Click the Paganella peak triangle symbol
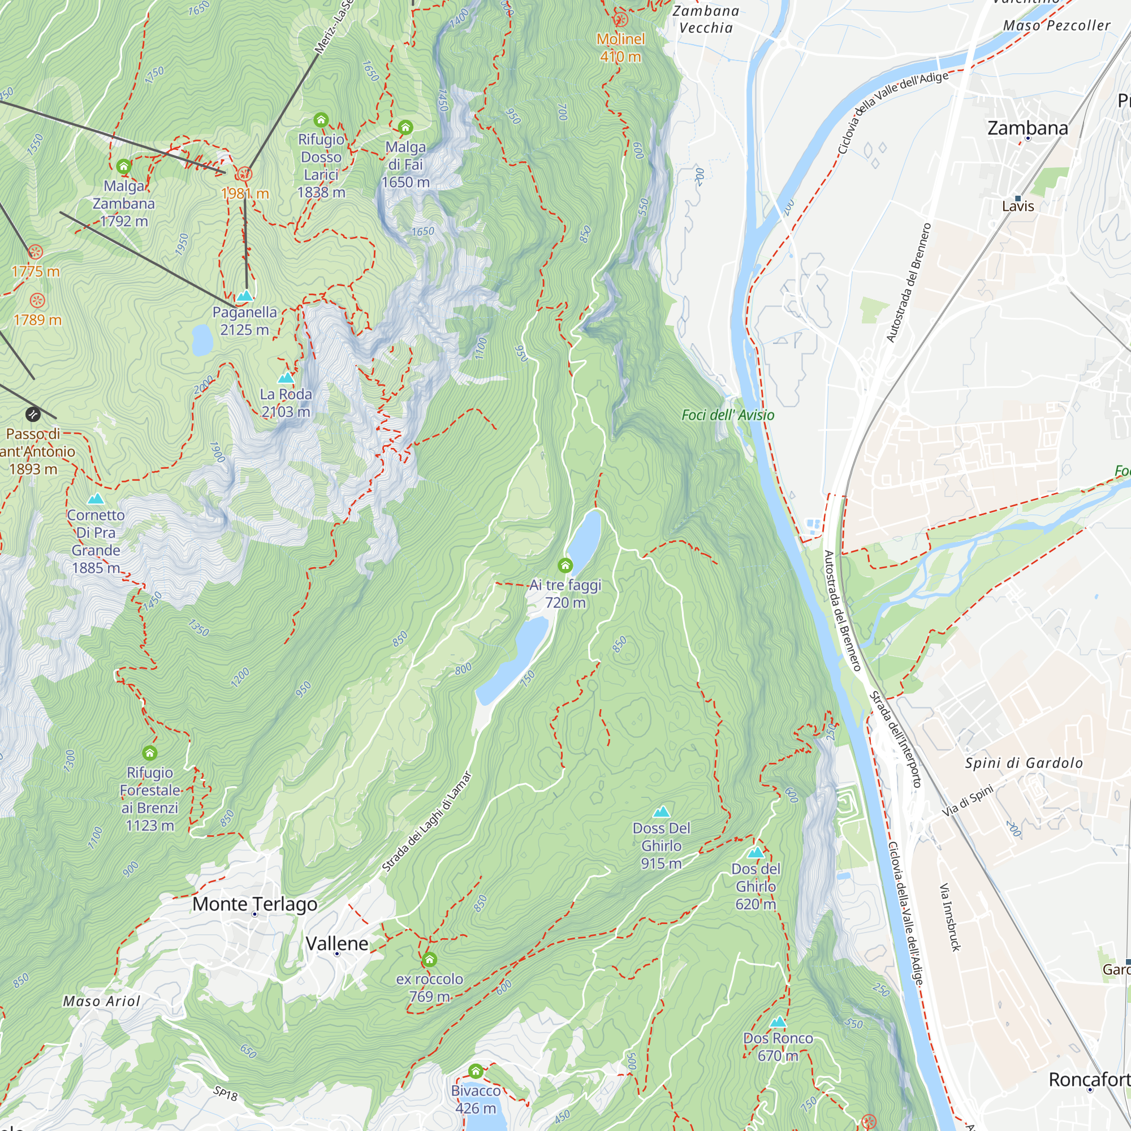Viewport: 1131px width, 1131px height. (x=245, y=296)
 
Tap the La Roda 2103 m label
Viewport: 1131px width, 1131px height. (x=286, y=403)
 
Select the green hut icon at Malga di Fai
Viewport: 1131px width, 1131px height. (x=405, y=127)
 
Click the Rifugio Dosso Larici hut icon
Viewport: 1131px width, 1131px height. (x=321, y=120)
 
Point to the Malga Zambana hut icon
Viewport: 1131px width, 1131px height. (x=123, y=166)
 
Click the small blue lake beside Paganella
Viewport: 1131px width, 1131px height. (x=202, y=340)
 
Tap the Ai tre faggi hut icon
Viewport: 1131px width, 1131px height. (x=565, y=565)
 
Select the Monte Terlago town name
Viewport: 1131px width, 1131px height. (x=254, y=904)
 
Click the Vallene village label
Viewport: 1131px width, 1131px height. (x=337, y=944)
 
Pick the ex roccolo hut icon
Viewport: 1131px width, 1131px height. (x=430, y=960)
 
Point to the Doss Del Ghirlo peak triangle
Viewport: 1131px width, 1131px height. (x=661, y=812)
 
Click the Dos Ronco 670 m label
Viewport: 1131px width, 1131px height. (x=778, y=1047)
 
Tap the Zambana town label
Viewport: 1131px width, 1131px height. (x=1028, y=128)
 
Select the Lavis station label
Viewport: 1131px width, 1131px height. (x=1017, y=206)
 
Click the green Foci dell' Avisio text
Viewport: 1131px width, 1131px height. (x=728, y=415)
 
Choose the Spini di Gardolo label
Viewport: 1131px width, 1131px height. (x=1024, y=763)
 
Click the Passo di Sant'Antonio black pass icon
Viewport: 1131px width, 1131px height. (x=33, y=415)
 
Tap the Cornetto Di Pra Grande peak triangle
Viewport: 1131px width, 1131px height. (x=96, y=499)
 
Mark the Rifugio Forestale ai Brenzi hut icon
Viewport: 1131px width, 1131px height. (x=150, y=753)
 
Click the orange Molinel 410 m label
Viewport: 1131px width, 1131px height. (x=620, y=48)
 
